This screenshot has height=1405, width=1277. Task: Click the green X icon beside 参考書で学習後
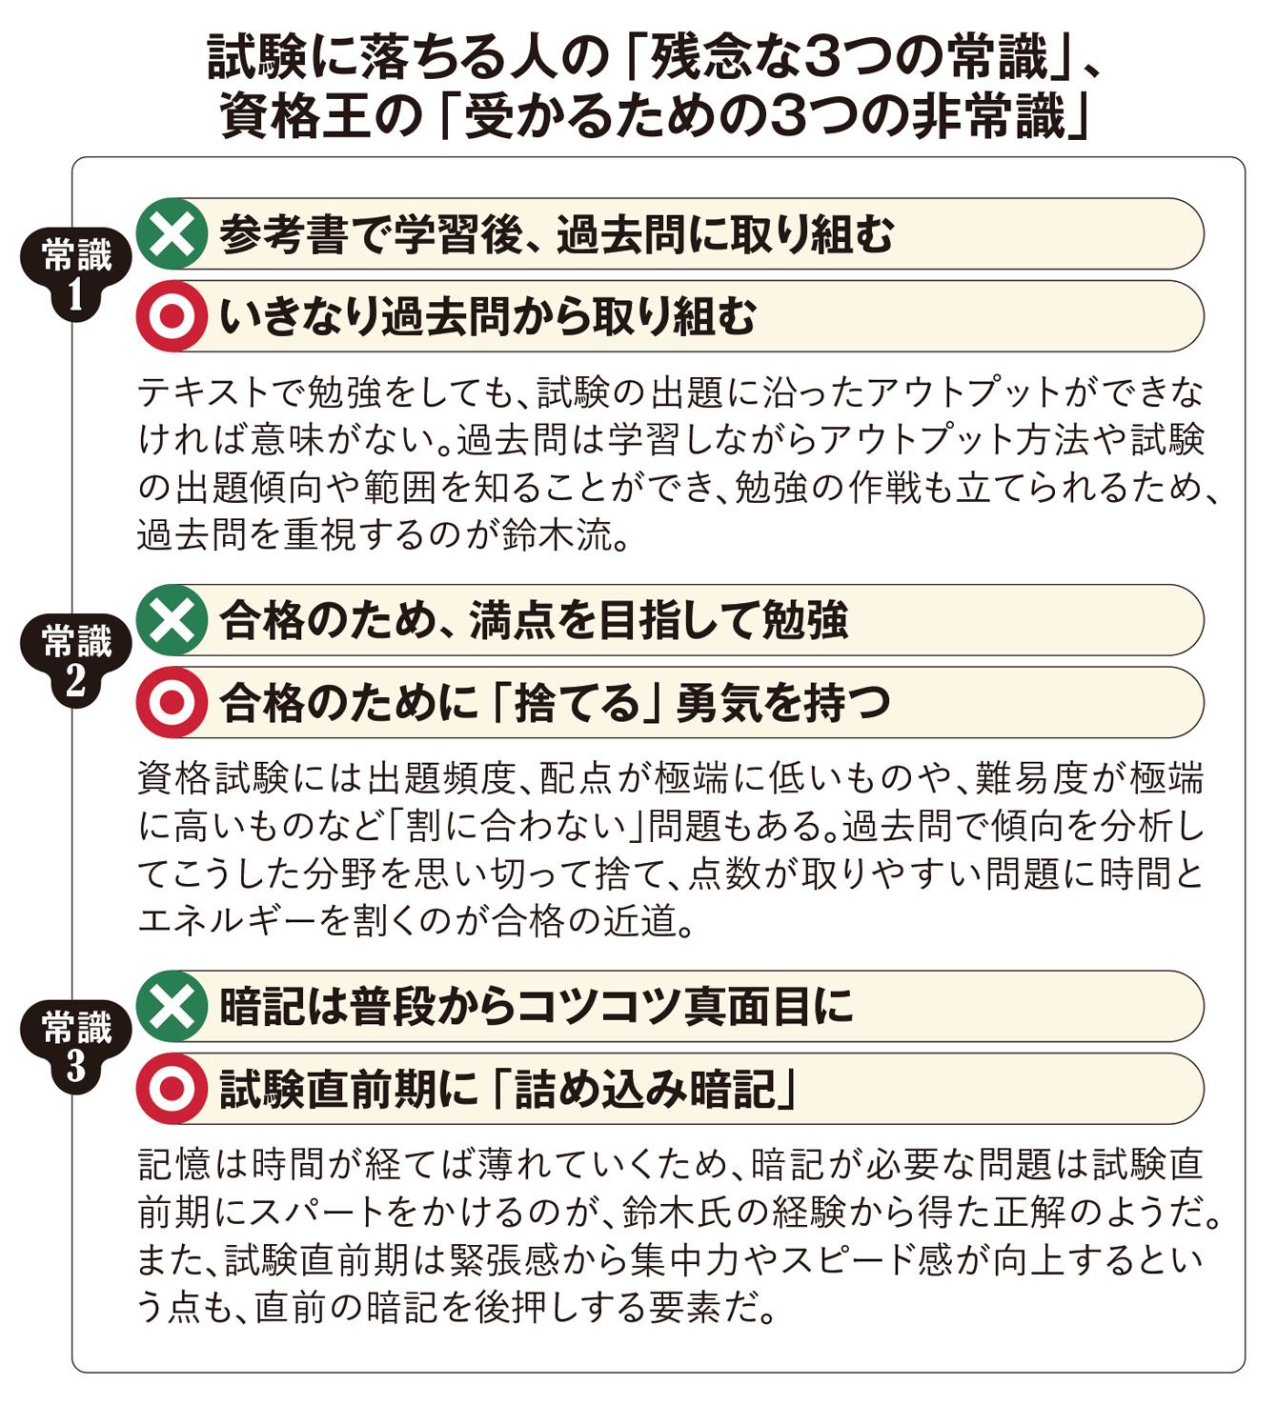coord(172,234)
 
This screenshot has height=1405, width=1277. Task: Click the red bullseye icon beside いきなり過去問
coord(172,316)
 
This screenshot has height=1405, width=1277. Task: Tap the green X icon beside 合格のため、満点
coord(172,620)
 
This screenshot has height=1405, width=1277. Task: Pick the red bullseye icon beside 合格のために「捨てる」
coord(172,703)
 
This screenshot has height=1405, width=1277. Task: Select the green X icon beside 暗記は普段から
coord(172,1007)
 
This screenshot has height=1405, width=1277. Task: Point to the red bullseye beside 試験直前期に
coord(172,1089)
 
